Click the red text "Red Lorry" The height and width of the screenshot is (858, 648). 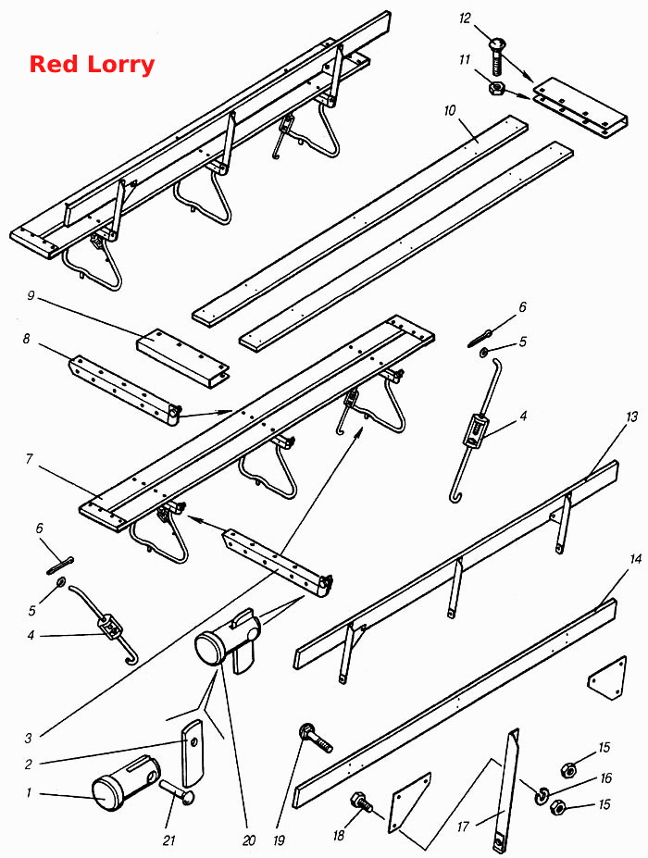tap(92, 64)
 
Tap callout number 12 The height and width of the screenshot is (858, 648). tap(465, 19)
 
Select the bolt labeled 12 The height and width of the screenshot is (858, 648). tap(494, 56)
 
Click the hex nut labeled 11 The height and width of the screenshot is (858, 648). tap(496, 88)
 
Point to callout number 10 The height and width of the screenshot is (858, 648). tap(449, 110)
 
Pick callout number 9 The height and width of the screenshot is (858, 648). tap(31, 296)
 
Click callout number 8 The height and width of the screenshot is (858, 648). tap(26, 340)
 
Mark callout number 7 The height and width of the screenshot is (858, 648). tap(29, 458)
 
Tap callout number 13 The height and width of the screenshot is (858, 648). tap(631, 417)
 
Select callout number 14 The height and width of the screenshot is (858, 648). tap(635, 559)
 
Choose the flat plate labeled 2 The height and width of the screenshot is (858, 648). tap(193, 753)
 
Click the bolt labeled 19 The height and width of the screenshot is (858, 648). tap(316, 739)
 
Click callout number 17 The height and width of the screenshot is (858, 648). tap(463, 826)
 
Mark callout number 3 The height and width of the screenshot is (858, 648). tap(29, 739)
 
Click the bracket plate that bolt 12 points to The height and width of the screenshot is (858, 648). tap(580, 107)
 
